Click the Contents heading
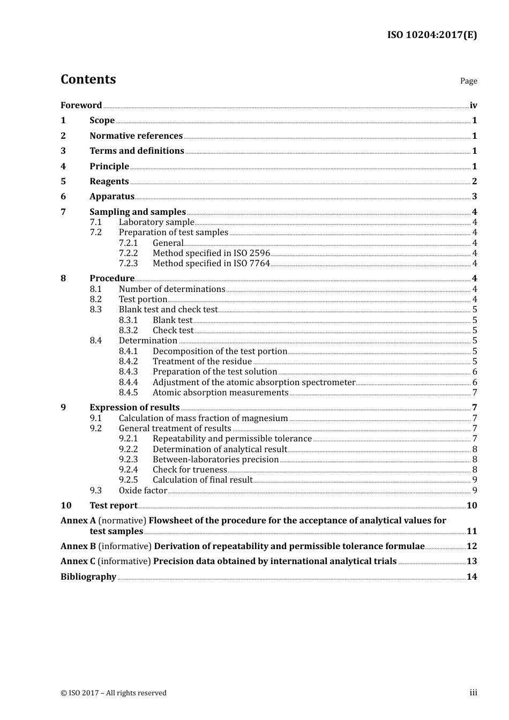88,79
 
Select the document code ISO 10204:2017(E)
432,35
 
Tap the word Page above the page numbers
468,81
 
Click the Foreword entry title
81,106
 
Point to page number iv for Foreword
473,106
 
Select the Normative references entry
136,136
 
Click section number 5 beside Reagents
63,182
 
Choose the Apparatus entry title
112,197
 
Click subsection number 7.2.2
128,253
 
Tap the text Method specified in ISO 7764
211,264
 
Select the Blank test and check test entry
168,310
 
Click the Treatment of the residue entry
202,362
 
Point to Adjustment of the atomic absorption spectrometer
254,382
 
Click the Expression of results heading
134,408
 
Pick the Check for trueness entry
190,470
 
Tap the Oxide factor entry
143,491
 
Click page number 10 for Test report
471,506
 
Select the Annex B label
78,546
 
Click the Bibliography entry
88,577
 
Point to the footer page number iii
473,693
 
